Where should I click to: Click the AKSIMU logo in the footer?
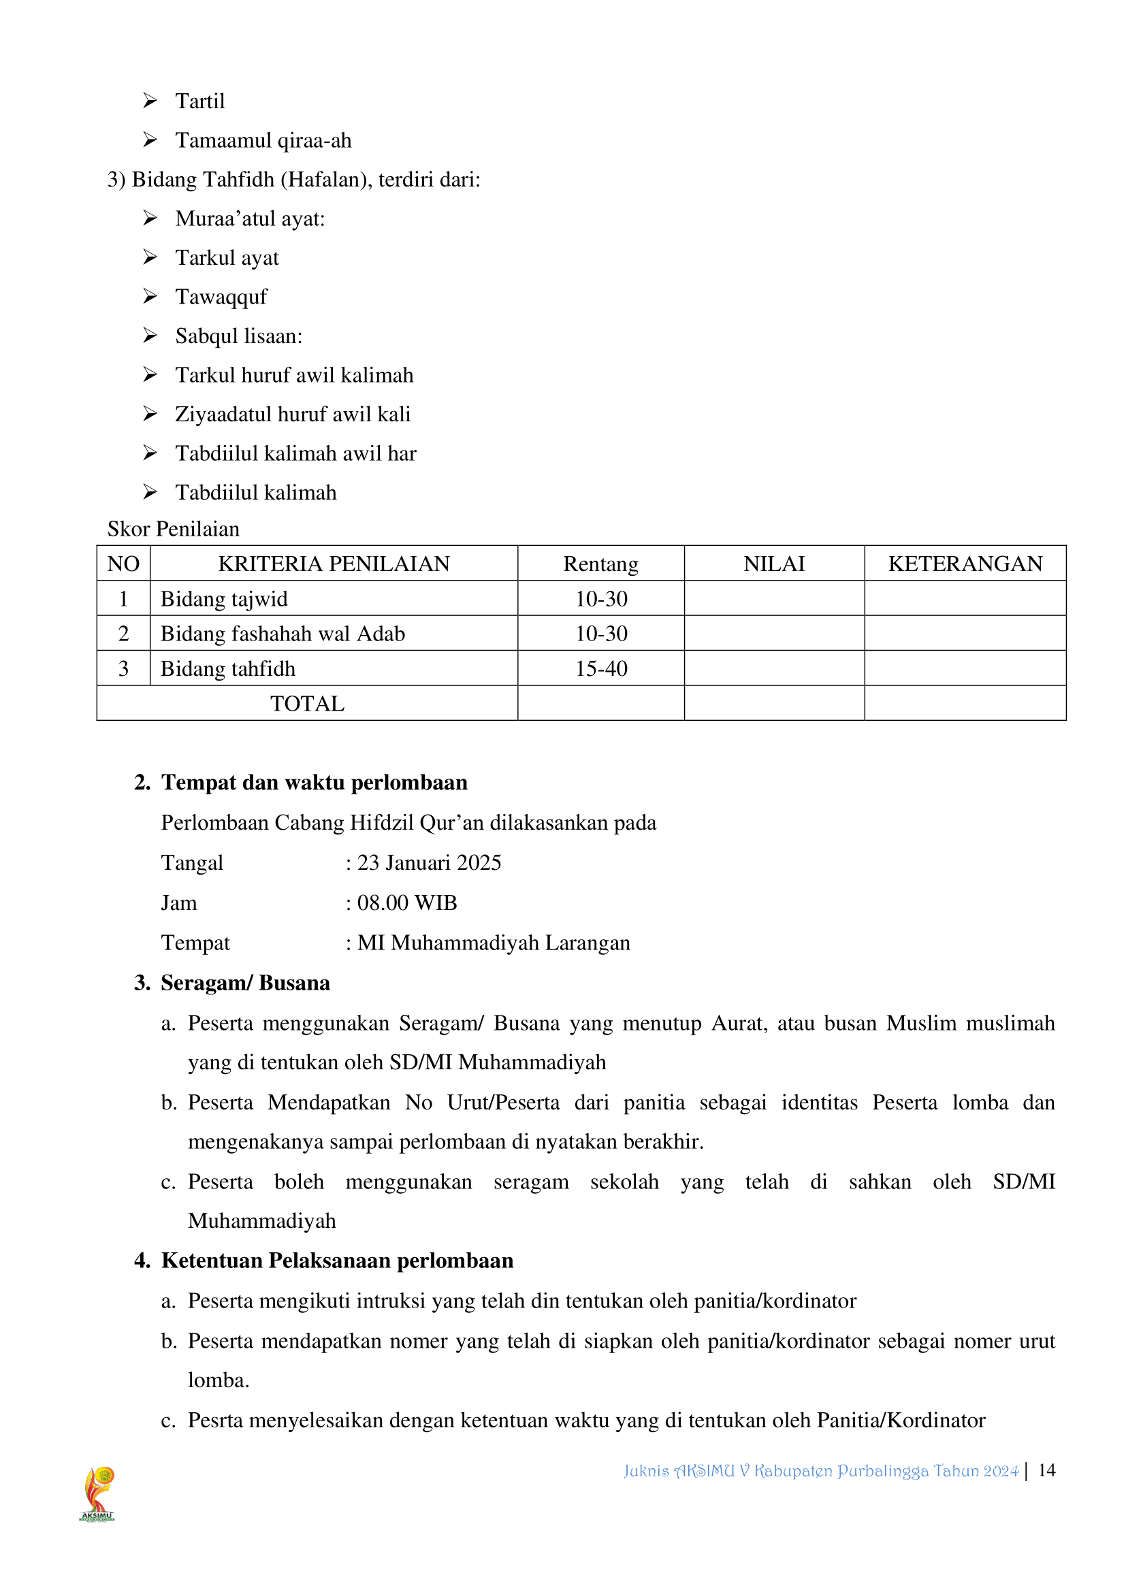tap(97, 1493)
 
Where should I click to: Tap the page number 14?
tap(1046, 1470)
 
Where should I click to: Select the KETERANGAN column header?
tap(965, 564)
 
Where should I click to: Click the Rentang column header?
tap(600, 564)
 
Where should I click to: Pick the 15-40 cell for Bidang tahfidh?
tap(600, 668)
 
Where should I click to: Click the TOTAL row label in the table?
tap(307, 704)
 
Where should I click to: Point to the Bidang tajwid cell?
tap(224, 599)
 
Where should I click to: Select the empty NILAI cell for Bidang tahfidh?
tap(774, 668)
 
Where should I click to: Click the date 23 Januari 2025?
tap(428, 862)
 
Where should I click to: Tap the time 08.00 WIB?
tap(407, 903)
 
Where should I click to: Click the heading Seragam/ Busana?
tap(245, 984)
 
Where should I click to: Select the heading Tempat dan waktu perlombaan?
tap(314, 783)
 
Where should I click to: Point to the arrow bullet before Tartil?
tap(150, 101)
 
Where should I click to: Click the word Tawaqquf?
tap(221, 297)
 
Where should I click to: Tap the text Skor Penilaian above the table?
tap(174, 529)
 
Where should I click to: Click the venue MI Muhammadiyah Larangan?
tap(493, 943)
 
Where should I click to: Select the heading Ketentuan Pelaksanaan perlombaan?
tap(337, 1261)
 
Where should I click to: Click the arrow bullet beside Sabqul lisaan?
tap(150, 336)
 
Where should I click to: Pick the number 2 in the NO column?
tap(123, 634)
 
